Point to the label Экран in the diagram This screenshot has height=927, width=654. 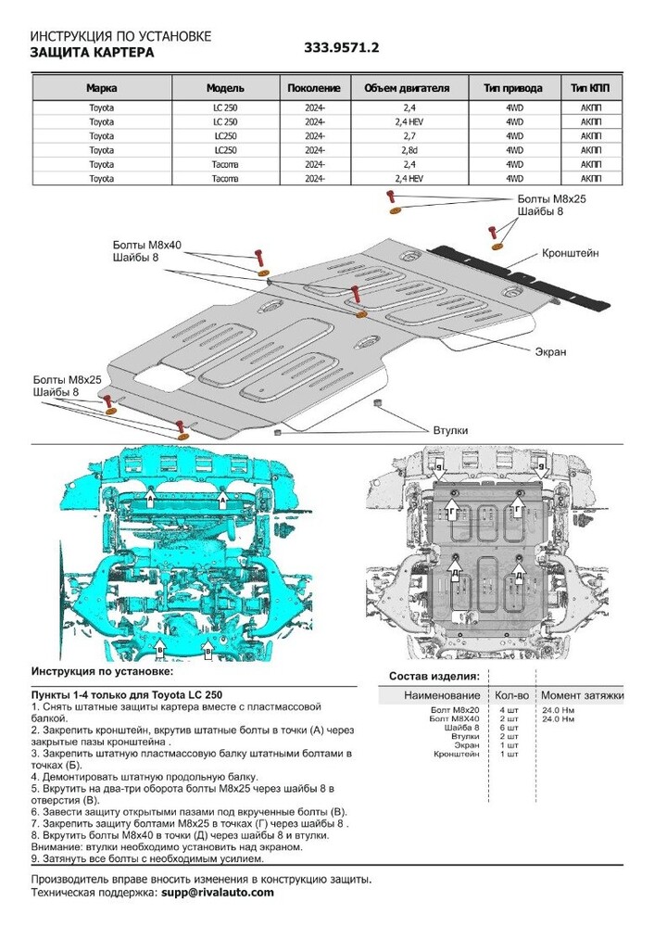pos(550,352)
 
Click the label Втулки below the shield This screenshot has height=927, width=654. pos(451,431)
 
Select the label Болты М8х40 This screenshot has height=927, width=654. pos(147,245)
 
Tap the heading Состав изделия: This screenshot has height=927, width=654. pos(434,676)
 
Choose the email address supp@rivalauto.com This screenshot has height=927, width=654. pos(218,892)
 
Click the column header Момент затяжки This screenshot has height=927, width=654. pos(582,695)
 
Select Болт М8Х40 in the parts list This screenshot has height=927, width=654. pos(457,718)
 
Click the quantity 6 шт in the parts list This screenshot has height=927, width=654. pos(508,728)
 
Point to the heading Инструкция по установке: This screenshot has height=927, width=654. pos(102,669)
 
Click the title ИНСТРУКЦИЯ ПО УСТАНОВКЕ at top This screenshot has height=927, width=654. pos(120,36)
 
